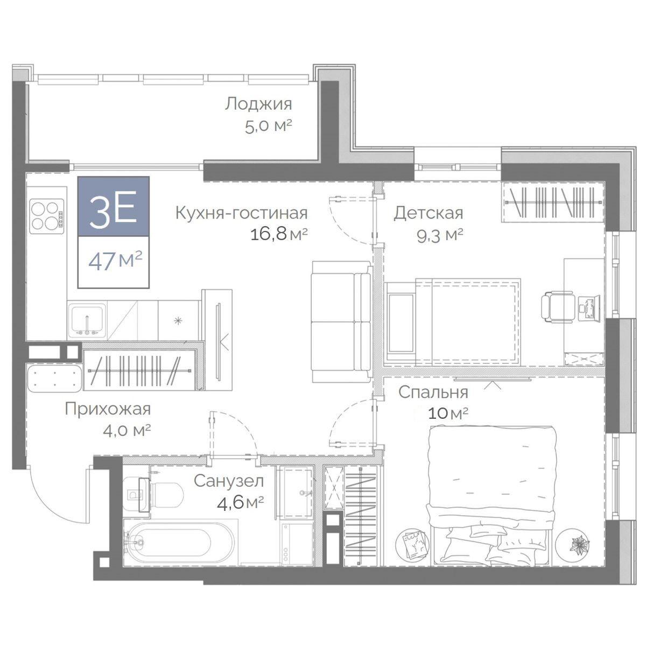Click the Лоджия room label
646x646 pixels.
coord(258,104)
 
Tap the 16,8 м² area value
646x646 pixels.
coord(279,234)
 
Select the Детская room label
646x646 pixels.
coord(428,213)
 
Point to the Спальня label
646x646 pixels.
coord(433,392)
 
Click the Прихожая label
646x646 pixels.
coord(108,409)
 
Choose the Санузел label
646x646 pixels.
coord(229,481)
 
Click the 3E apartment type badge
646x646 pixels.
coord(113,207)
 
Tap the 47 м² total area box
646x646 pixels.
coord(113,262)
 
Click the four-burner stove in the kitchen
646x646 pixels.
coord(47,216)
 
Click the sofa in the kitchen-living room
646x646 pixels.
coord(341,322)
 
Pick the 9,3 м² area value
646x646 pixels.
coord(439,236)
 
